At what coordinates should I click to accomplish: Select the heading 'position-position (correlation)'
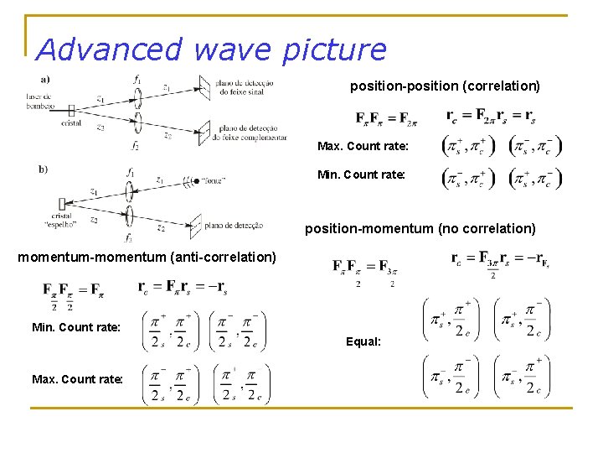(x=444, y=86)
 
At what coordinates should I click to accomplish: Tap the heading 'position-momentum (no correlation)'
(x=420, y=228)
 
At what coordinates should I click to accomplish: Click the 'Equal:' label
(x=363, y=341)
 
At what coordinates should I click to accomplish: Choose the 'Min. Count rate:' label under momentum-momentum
(x=75, y=326)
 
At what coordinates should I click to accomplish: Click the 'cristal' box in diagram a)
(x=71, y=110)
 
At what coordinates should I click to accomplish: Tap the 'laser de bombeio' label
(x=39, y=101)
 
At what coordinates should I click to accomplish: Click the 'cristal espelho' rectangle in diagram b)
(x=63, y=204)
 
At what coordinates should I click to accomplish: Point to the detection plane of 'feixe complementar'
(x=203, y=130)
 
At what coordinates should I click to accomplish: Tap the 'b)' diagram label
(x=43, y=169)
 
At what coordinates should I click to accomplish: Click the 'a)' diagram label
(x=44, y=80)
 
